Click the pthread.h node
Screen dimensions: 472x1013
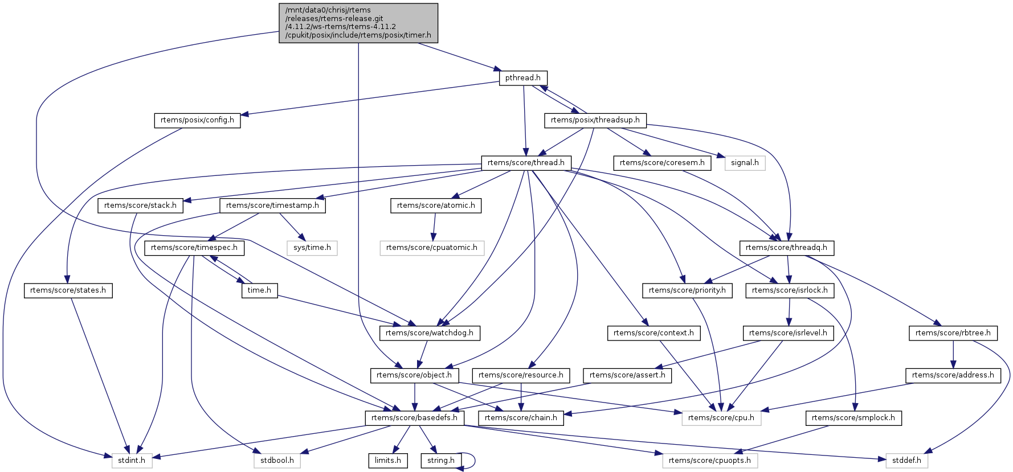pos(523,78)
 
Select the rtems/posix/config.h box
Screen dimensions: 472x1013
pos(197,121)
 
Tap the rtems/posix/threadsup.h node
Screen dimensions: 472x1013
pos(595,121)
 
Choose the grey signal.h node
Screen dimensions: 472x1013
pos(745,163)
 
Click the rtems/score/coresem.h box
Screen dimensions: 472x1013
pos(661,163)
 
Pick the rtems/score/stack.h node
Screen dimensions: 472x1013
pos(140,206)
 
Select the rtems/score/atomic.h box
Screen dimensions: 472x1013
pos(436,206)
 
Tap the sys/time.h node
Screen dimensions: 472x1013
pos(312,248)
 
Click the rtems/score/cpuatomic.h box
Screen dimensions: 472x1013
pos(432,248)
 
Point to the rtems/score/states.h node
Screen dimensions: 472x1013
pos(68,290)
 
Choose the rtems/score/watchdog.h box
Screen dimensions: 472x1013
pos(430,333)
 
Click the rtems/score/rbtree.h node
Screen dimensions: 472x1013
pos(953,333)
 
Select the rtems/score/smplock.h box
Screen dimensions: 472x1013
pos(853,418)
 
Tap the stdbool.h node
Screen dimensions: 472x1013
pos(277,460)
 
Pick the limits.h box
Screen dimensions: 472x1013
pos(388,460)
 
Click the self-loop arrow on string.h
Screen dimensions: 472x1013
pos(472,461)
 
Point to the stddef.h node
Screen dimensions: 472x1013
pos(906,460)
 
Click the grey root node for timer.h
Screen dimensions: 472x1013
pos(358,23)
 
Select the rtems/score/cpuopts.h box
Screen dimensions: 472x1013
pos(710,460)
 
